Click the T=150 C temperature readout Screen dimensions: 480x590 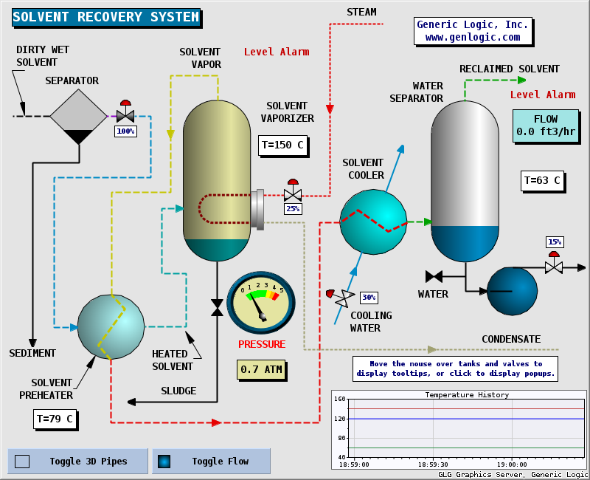(x=282, y=145)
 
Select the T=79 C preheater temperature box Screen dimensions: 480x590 (x=55, y=419)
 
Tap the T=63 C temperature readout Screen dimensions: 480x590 (x=542, y=180)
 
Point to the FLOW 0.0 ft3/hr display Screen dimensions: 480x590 (x=545, y=126)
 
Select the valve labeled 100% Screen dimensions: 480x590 (x=125, y=116)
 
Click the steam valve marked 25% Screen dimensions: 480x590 (x=293, y=194)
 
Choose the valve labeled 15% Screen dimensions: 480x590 (x=554, y=266)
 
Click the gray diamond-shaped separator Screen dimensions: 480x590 (x=78, y=116)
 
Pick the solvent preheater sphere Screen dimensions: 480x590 (x=111, y=327)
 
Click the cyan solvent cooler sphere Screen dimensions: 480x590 (x=373, y=221)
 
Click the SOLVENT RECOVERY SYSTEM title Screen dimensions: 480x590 (x=106, y=17)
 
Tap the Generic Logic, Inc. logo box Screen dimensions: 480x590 (x=473, y=30)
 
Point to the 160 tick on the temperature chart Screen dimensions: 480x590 (x=340, y=400)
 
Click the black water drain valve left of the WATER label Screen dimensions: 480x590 (x=434, y=276)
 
